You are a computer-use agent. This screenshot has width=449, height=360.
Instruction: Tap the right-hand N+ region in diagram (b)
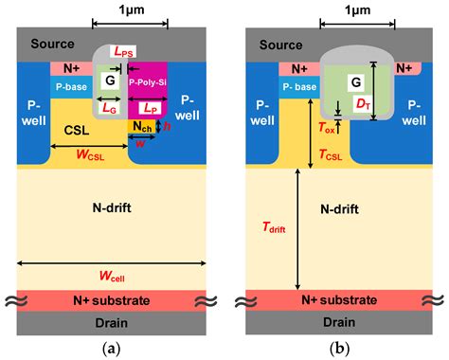point(404,68)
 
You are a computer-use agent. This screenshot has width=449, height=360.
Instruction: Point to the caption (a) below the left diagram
point(111,348)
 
